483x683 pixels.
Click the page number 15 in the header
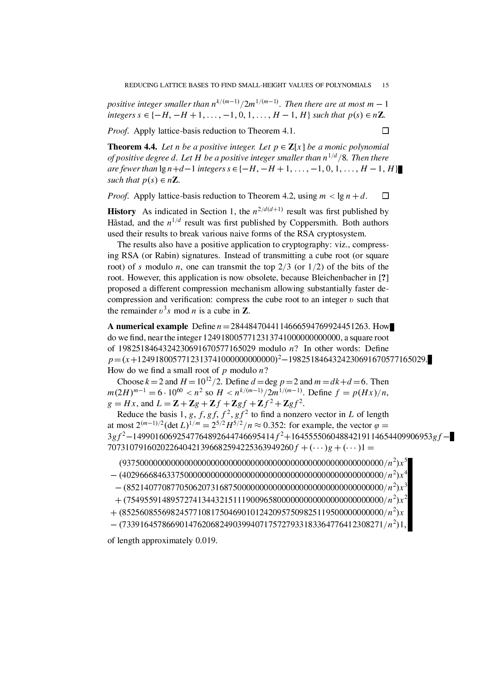pyautogui.click(x=386, y=85)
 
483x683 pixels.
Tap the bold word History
pyautogui.click(x=122, y=211)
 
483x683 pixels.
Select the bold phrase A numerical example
pyautogui.click(x=147, y=326)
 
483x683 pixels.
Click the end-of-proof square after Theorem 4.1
pyautogui.click(x=386, y=131)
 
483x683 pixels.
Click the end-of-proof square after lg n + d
pyautogui.click(x=386, y=196)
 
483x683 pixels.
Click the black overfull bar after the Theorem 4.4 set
pyautogui.click(x=400, y=169)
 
